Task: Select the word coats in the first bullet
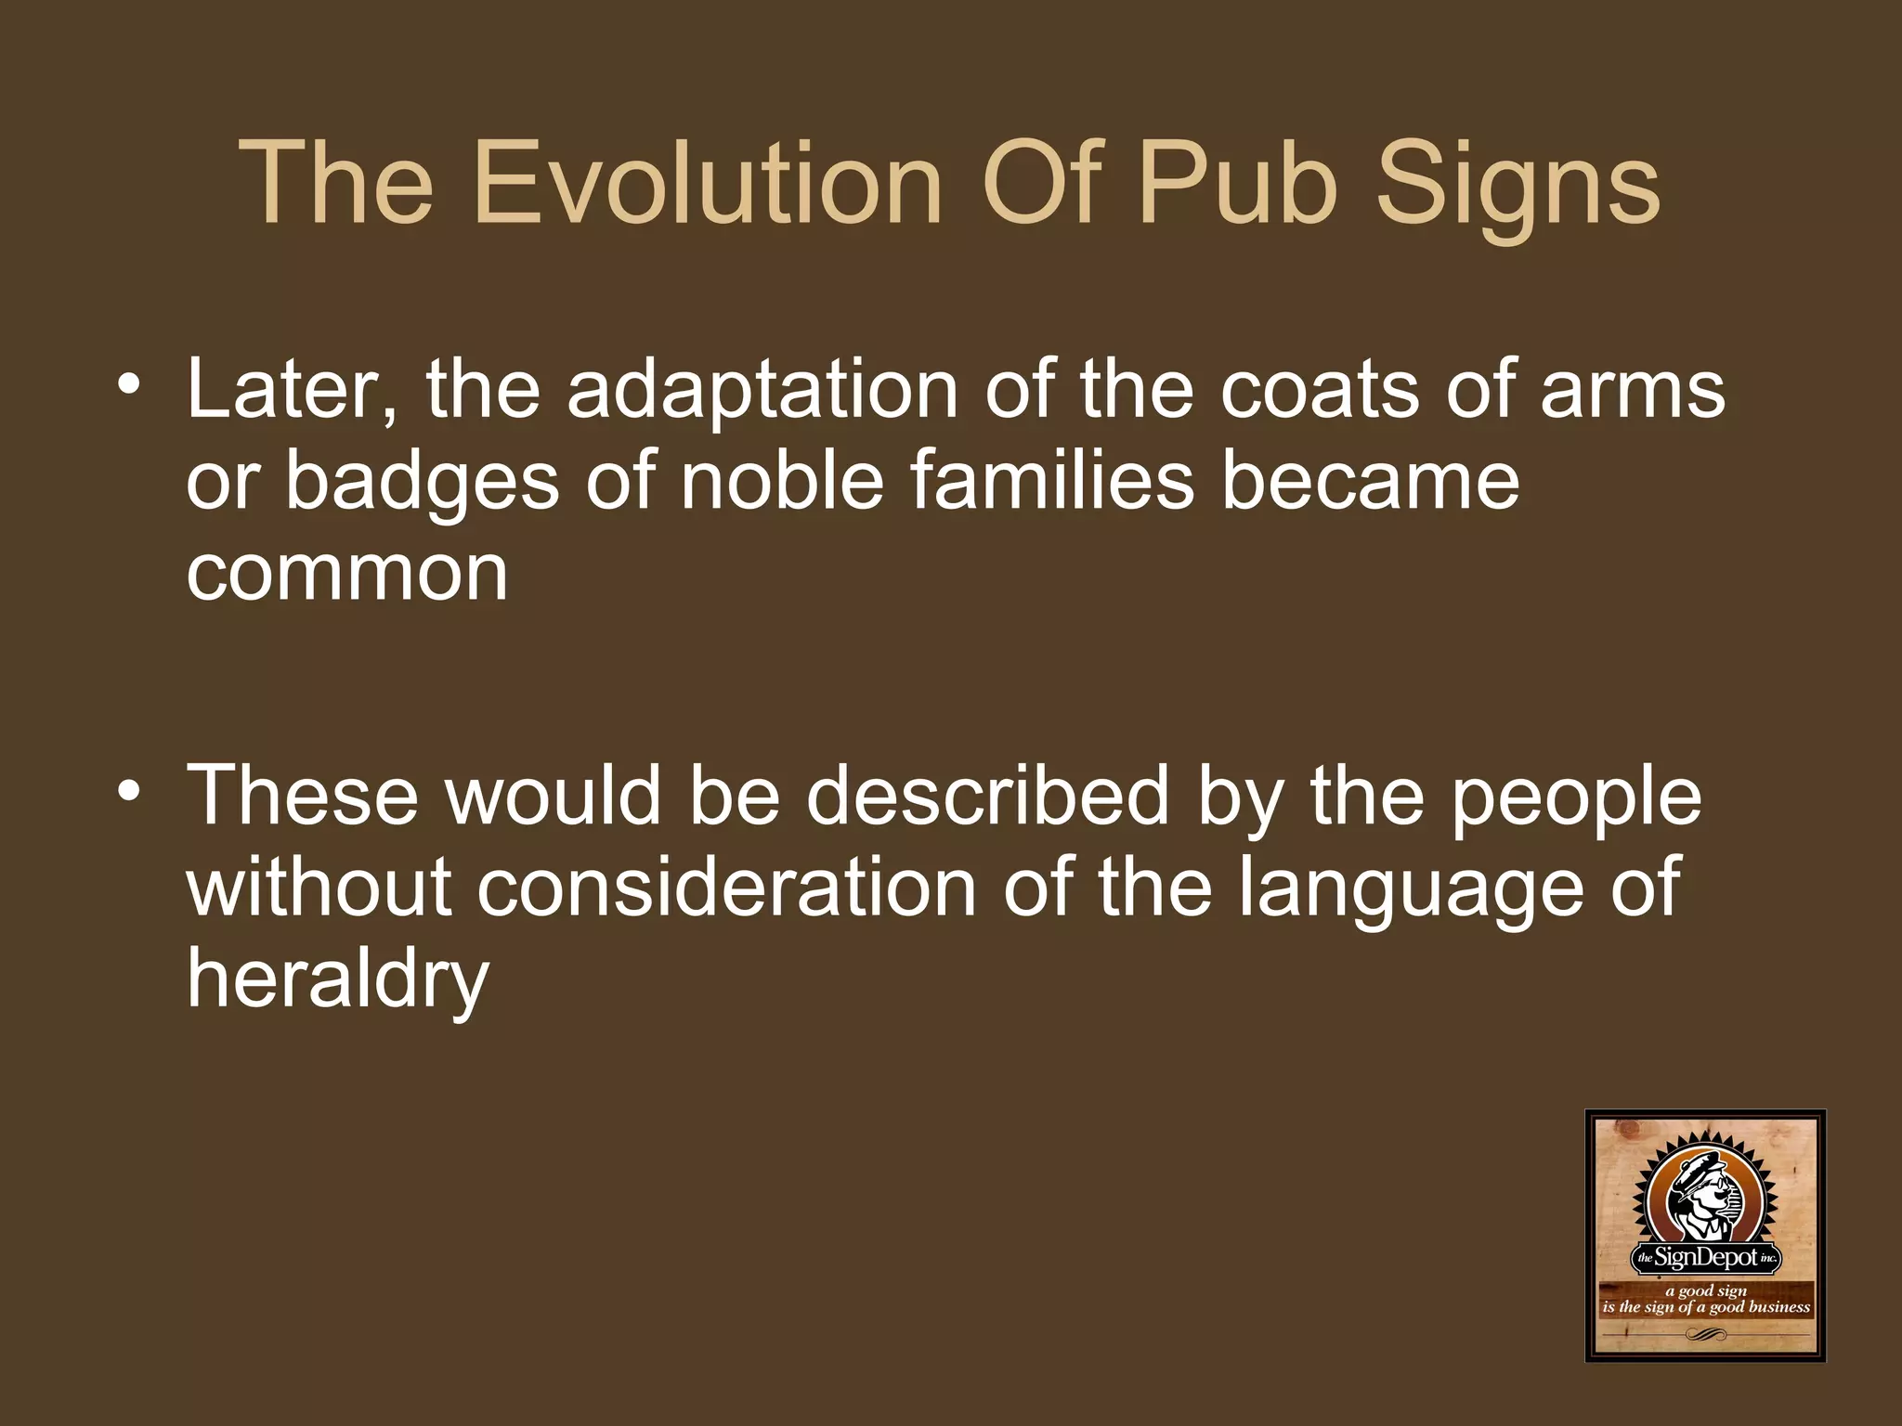click(1320, 390)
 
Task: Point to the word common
click(347, 574)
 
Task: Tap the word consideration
click(726, 888)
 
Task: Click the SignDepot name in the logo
click(1706, 1258)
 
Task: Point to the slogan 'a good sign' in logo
click(1706, 1290)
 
